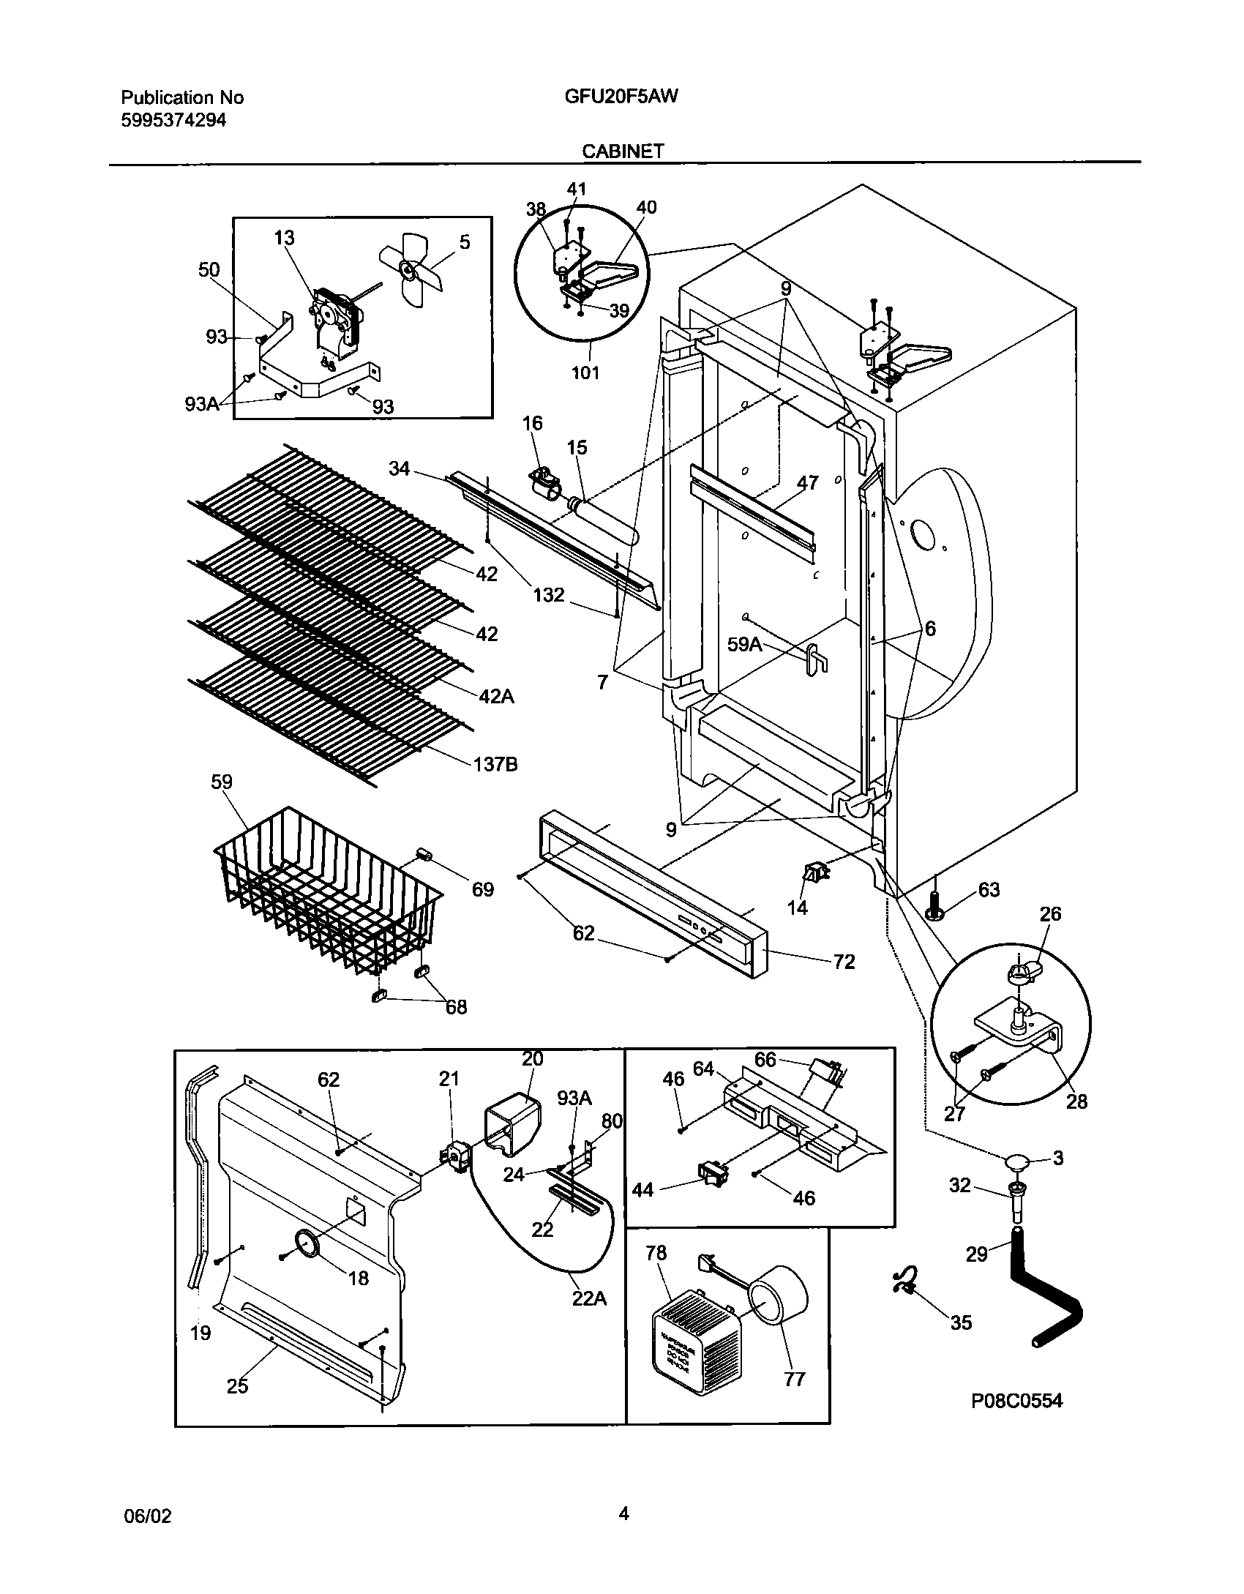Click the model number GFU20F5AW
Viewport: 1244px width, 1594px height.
pos(621,97)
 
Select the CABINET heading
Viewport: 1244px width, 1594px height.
pos(623,151)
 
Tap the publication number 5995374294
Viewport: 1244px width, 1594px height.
pos(173,120)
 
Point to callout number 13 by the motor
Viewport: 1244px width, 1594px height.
pos(284,238)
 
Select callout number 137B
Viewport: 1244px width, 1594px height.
pos(496,765)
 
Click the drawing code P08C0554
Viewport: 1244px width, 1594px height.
pos(1016,1401)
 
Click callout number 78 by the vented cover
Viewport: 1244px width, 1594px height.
pos(656,1253)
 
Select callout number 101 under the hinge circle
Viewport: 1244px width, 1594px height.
pos(585,373)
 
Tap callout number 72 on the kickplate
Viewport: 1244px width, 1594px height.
pos(844,962)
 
